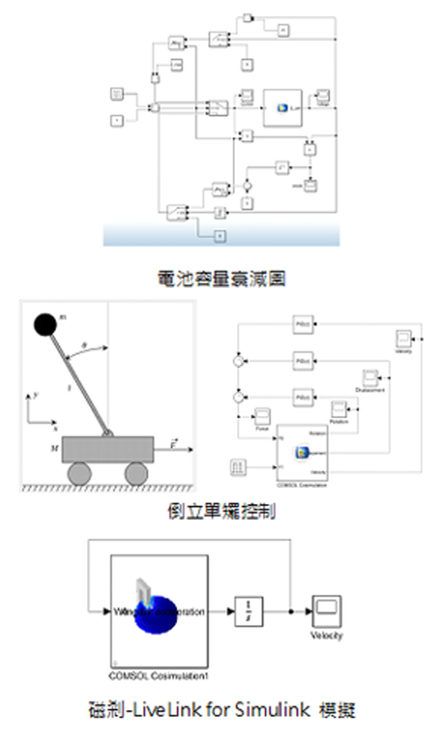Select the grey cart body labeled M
[x=107, y=449]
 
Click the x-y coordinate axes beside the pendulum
[x=35, y=411]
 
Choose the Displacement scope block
[x=369, y=377]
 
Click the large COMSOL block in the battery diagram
[x=283, y=107]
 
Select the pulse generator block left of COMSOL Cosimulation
[x=239, y=465]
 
